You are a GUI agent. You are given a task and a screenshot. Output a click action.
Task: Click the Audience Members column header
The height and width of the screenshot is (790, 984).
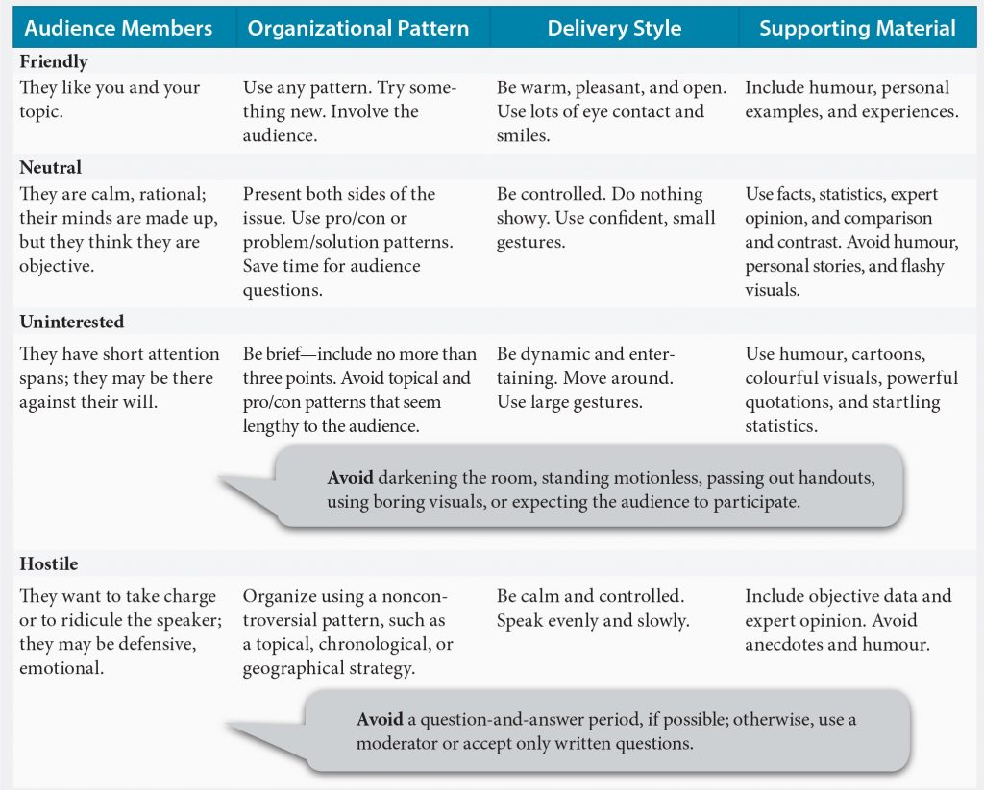[118, 28]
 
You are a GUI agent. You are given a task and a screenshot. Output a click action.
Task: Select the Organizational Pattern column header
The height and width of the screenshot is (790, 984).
[358, 28]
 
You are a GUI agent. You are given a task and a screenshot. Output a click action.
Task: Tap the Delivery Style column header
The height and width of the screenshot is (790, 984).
[614, 28]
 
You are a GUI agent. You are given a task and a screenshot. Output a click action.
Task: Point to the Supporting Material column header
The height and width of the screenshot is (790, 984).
[857, 28]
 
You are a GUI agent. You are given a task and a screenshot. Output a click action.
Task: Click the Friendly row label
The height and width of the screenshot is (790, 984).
[54, 61]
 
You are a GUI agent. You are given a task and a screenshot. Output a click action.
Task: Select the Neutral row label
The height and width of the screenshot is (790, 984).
[50, 167]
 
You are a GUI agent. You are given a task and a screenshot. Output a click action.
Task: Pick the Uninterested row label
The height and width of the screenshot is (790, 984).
[71, 322]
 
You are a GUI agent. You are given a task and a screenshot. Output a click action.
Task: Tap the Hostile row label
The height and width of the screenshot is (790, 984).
[48, 563]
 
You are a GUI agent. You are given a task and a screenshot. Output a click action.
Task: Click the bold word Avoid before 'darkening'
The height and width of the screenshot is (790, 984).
[350, 478]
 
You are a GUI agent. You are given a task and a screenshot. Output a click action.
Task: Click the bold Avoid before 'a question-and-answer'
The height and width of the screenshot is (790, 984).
[380, 719]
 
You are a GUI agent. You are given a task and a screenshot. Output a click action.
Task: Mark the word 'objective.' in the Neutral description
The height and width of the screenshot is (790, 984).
[57, 267]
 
